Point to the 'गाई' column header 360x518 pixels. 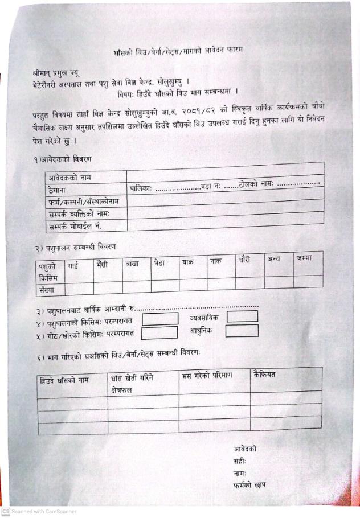point(72,265)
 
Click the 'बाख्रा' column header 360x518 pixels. point(132,264)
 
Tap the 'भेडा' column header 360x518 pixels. point(159,262)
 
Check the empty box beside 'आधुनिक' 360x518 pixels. point(242,330)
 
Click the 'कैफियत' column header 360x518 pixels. point(264,374)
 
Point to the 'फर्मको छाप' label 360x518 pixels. point(249,485)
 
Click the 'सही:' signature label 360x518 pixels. point(239,461)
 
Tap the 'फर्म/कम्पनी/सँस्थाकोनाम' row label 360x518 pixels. point(85,202)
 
